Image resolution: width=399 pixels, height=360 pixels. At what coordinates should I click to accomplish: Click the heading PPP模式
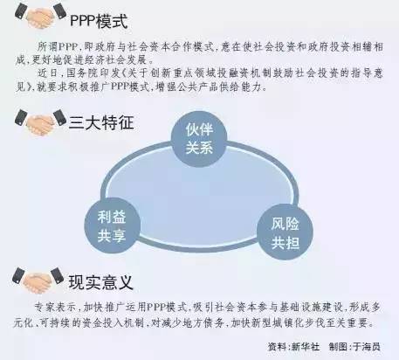tap(99, 21)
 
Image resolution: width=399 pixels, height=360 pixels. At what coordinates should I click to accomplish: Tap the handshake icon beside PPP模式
tap(40, 15)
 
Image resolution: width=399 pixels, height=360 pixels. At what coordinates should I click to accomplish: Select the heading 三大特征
tap(101, 122)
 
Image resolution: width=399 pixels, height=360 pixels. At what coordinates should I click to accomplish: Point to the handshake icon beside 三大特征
tap(40, 122)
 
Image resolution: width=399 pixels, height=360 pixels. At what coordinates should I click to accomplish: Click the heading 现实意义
tap(100, 282)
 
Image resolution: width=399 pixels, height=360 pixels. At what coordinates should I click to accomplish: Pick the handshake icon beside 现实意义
tap(38, 280)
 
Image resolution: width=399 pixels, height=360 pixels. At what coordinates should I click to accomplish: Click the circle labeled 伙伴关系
tap(199, 139)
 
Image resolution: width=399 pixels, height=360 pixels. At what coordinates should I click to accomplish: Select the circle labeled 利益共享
tap(113, 225)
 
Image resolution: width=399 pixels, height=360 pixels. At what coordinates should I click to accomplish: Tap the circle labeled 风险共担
tap(285, 232)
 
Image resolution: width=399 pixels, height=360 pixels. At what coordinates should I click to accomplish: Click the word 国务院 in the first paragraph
tap(82, 73)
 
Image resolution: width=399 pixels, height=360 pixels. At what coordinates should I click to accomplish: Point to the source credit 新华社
tap(306, 347)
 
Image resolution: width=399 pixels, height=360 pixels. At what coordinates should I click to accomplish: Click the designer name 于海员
tap(367, 347)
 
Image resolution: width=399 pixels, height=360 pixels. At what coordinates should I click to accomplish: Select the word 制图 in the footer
tap(338, 347)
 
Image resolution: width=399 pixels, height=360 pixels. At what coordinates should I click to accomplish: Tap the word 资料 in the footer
tap(277, 347)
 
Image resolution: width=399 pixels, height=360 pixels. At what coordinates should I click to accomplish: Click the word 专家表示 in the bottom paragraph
tap(55, 308)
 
